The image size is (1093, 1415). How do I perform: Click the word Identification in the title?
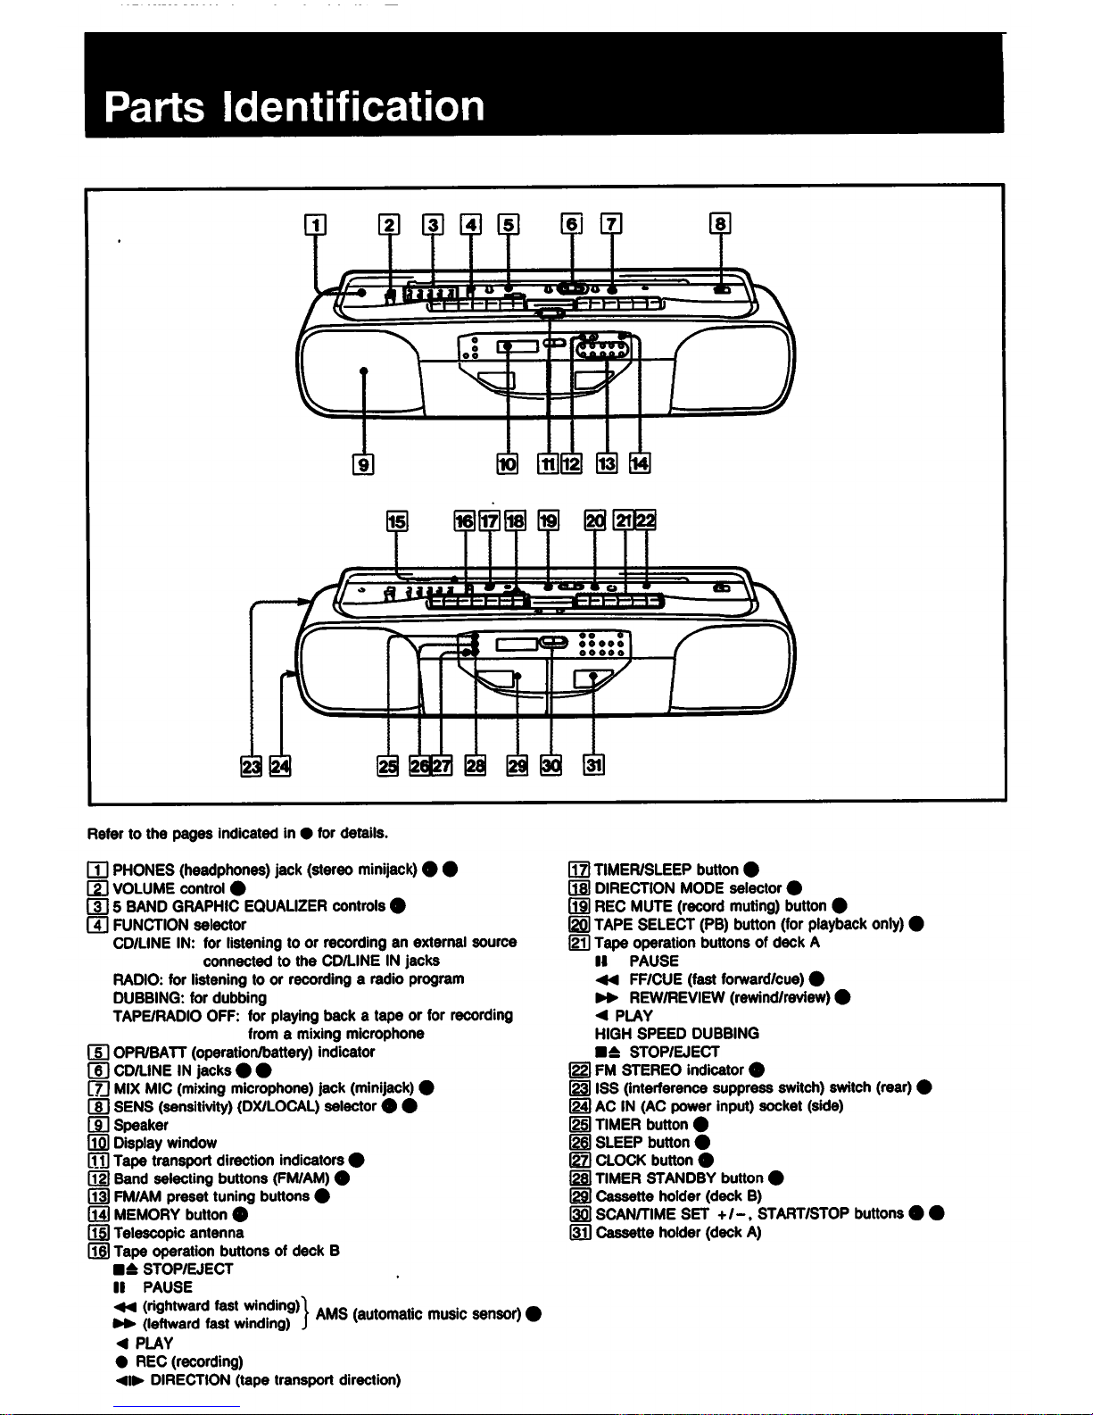tap(353, 106)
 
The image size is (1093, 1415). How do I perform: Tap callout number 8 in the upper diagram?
tap(720, 224)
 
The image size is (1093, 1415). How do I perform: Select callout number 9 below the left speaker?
tap(363, 463)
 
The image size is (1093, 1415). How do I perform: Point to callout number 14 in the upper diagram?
tap(641, 463)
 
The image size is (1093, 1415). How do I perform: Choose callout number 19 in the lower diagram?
tap(548, 522)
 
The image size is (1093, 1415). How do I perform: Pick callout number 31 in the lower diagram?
tap(594, 765)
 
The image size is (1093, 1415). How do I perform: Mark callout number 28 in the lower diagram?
tap(476, 766)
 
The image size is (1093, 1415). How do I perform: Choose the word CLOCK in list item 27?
tap(619, 1160)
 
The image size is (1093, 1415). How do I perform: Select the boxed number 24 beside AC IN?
tap(580, 1106)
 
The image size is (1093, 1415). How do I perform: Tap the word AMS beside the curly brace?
tap(332, 1313)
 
